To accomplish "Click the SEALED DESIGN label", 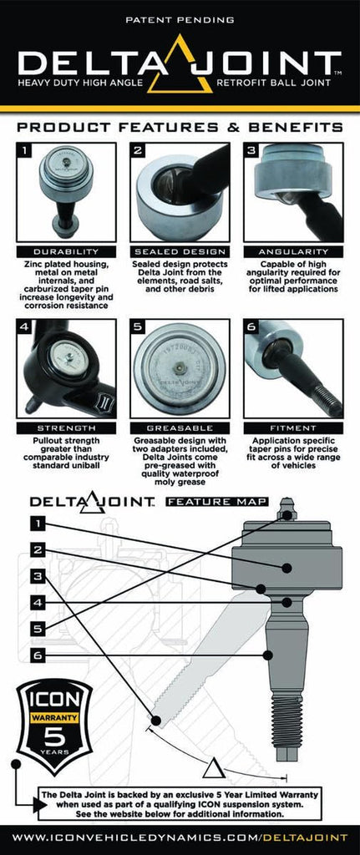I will (180, 250).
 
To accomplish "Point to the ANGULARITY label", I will (293, 250).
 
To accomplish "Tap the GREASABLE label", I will (180, 427).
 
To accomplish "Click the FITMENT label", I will (293, 427).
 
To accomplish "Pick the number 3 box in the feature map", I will (37, 575).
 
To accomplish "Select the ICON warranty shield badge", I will (54, 726).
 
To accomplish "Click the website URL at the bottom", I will (180, 837).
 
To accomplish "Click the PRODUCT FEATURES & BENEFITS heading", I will (180, 127).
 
